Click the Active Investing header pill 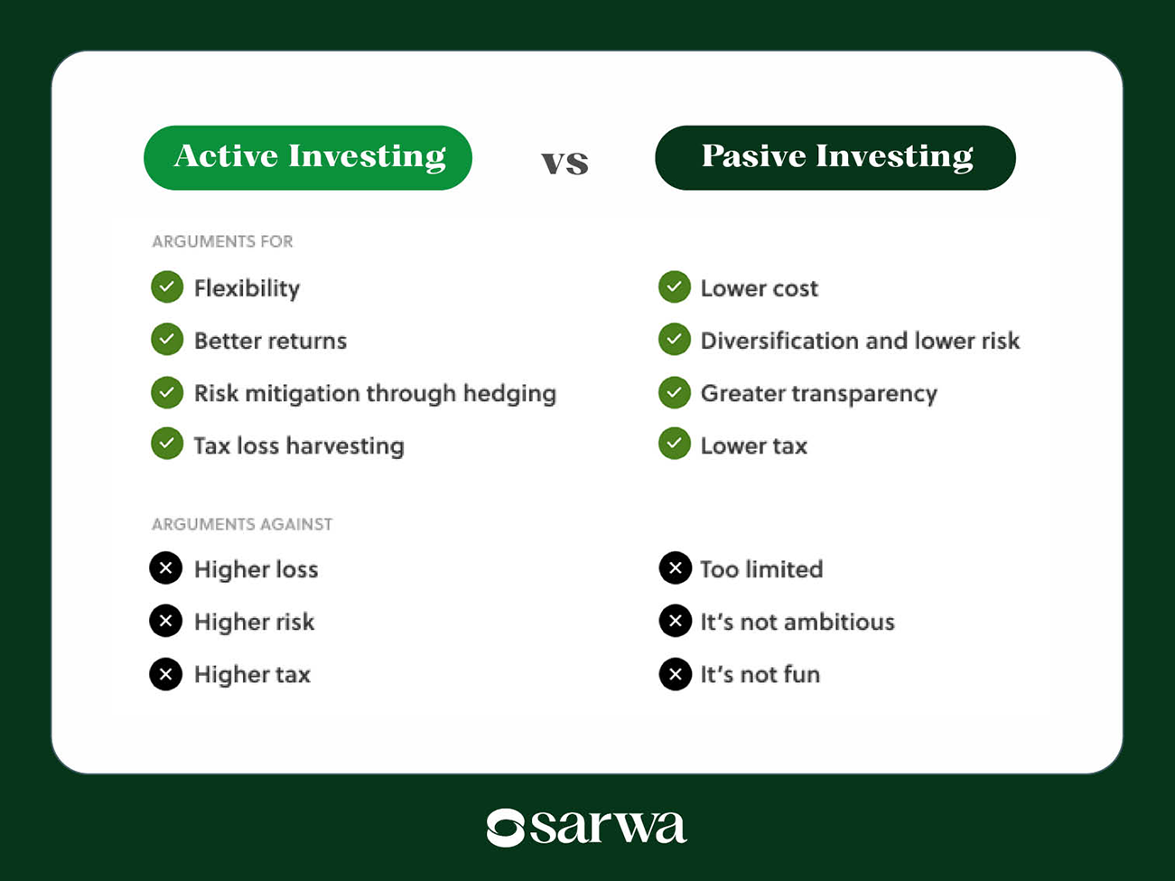308,157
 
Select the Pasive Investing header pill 835,157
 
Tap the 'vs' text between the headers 565,162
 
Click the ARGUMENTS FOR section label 222,241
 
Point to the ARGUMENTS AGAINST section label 242,524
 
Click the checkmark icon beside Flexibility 167,287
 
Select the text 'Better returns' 270,341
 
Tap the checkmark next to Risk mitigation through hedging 167,393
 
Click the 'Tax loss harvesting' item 299,445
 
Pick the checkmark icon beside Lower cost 675,287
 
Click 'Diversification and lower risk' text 860,341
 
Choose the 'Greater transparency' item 818,393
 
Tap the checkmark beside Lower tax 675,445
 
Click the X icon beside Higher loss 166,568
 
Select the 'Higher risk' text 254,622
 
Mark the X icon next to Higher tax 166,674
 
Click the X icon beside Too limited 676,568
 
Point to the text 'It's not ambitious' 797,622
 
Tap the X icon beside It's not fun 676,674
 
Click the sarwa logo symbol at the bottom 506,827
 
